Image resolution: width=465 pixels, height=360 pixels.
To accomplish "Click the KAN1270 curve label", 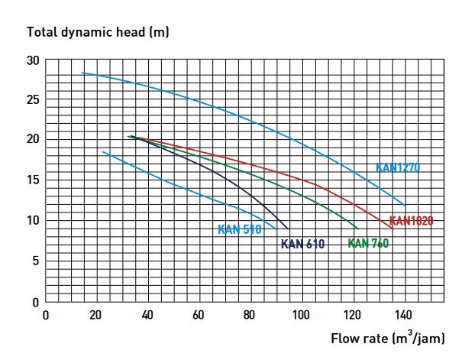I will point(398,167).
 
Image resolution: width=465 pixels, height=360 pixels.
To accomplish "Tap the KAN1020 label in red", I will point(411,221).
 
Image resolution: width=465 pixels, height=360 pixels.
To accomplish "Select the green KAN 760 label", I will point(370,244).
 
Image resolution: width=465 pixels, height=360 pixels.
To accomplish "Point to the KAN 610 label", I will point(302,245).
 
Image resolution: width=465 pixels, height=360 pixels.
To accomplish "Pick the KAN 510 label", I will point(240,229).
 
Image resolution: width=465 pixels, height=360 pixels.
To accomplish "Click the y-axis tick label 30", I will point(32,60).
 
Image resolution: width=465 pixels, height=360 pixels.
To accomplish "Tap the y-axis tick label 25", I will point(32,99).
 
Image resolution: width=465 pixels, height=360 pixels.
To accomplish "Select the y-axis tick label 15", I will point(32,180).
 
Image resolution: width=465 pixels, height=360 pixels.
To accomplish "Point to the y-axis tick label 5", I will point(35,261).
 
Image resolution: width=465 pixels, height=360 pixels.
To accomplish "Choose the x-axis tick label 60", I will point(199,314).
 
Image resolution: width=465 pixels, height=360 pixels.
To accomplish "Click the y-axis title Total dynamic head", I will point(98,32).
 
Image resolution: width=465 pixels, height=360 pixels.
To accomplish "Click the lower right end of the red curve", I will point(391,228).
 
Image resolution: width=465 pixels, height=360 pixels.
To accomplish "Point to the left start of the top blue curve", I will point(82,73).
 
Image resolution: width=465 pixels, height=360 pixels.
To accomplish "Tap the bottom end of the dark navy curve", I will point(288,228).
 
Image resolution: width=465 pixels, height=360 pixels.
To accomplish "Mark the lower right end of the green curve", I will point(357,228).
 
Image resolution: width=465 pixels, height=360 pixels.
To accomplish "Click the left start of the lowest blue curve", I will point(103,152).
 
